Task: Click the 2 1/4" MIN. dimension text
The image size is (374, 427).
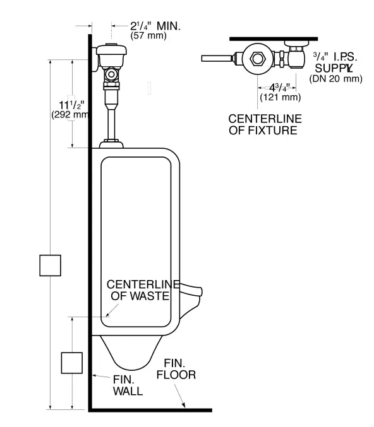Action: tap(155, 26)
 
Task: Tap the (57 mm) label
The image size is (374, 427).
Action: tap(148, 37)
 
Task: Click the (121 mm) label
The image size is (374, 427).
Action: tap(280, 97)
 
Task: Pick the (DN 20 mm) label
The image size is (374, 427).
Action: tap(335, 79)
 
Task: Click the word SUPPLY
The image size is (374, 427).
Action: tap(334, 67)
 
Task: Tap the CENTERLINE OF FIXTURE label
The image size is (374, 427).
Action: tap(265, 124)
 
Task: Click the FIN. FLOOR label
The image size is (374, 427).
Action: tap(179, 369)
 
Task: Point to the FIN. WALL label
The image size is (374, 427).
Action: tap(128, 385)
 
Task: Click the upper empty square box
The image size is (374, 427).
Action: tap(50, 265)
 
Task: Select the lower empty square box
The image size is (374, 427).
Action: tap(71, 363)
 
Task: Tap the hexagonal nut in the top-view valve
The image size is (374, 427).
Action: tap(258, 59)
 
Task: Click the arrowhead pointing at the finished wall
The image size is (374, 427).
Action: tap(94, 375)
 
